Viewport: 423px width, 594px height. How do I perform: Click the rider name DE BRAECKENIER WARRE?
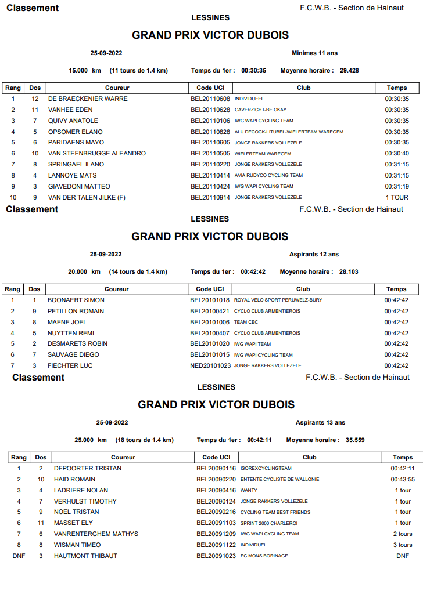click(88, 99)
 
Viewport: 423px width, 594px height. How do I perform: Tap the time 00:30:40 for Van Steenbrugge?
click(397, 153)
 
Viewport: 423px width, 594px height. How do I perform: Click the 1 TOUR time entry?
click(397, 197)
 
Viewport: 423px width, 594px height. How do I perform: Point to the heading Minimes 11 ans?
click(314, 53)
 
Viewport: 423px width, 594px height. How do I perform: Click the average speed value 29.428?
click(349, 71)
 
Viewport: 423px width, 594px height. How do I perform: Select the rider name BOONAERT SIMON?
click(76, 300)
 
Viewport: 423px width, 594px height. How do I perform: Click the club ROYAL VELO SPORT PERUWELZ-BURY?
click(278, 300)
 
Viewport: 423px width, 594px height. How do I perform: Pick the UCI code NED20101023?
click(210, 365)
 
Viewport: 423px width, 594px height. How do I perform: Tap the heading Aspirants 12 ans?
click(314, 255)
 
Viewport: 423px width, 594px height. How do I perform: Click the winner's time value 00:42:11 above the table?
click(259, 440)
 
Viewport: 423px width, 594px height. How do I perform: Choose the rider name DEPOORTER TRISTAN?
click(88, 468)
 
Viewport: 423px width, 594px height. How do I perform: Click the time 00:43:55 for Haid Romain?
click(403, 479)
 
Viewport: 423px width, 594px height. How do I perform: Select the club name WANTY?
click(249, 490)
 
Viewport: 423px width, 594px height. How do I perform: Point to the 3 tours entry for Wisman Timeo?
click(403, 545)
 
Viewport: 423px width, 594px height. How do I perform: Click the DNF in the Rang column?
click(19, 556)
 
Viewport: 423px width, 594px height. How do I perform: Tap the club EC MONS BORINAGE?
click(264, 556)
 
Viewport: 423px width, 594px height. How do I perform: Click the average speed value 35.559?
click(355, 440)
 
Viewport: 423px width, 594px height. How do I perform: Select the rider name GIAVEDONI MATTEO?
click(79, 186)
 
